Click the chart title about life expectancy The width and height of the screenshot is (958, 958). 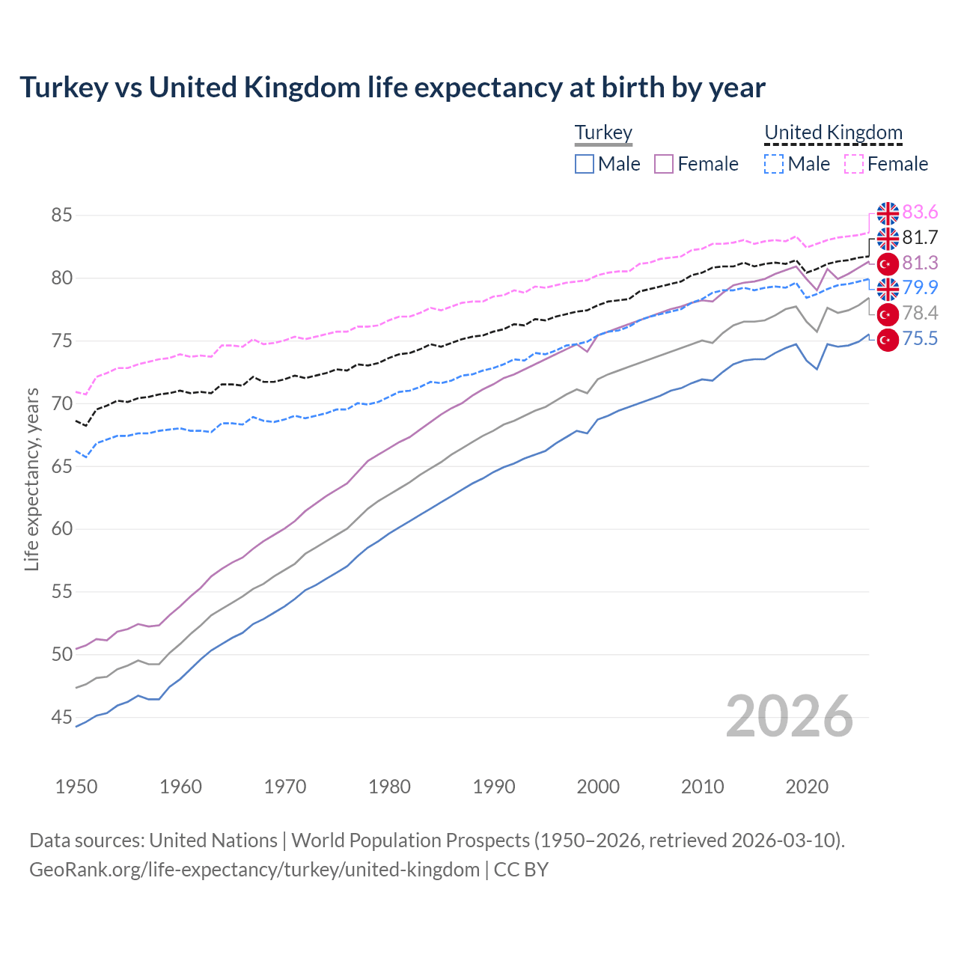pos(392,88)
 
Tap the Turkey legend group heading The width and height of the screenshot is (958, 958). pos(603,132)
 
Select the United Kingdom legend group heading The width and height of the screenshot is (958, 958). pos(833,132)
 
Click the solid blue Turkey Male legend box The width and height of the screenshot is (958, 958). pos(585,164)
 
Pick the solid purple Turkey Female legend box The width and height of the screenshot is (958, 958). pos(665,164)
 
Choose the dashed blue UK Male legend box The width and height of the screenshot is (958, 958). pos(775,164)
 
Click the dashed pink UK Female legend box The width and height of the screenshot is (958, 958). pos(854,164)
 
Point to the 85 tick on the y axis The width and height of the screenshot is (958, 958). pos(61,216)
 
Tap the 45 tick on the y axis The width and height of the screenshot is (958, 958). pos(61,718)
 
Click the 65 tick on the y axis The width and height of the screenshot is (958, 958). pos(61,466)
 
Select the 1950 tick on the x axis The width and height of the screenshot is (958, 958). pos(76,787)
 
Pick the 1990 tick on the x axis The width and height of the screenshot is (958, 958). pos(494,787)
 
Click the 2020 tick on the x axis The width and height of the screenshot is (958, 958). pos(807,787)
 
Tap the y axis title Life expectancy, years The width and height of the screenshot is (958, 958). pos(31,479)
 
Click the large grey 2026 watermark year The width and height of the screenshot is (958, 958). pos(790,716)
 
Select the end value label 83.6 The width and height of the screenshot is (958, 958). pos(920,213)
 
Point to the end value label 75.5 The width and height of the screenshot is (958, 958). pos(920,339)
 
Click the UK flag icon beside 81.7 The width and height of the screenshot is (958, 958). pos(888,238)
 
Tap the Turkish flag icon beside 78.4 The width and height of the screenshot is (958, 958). pos(888,314)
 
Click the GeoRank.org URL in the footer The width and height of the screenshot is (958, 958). pos(254,870)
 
